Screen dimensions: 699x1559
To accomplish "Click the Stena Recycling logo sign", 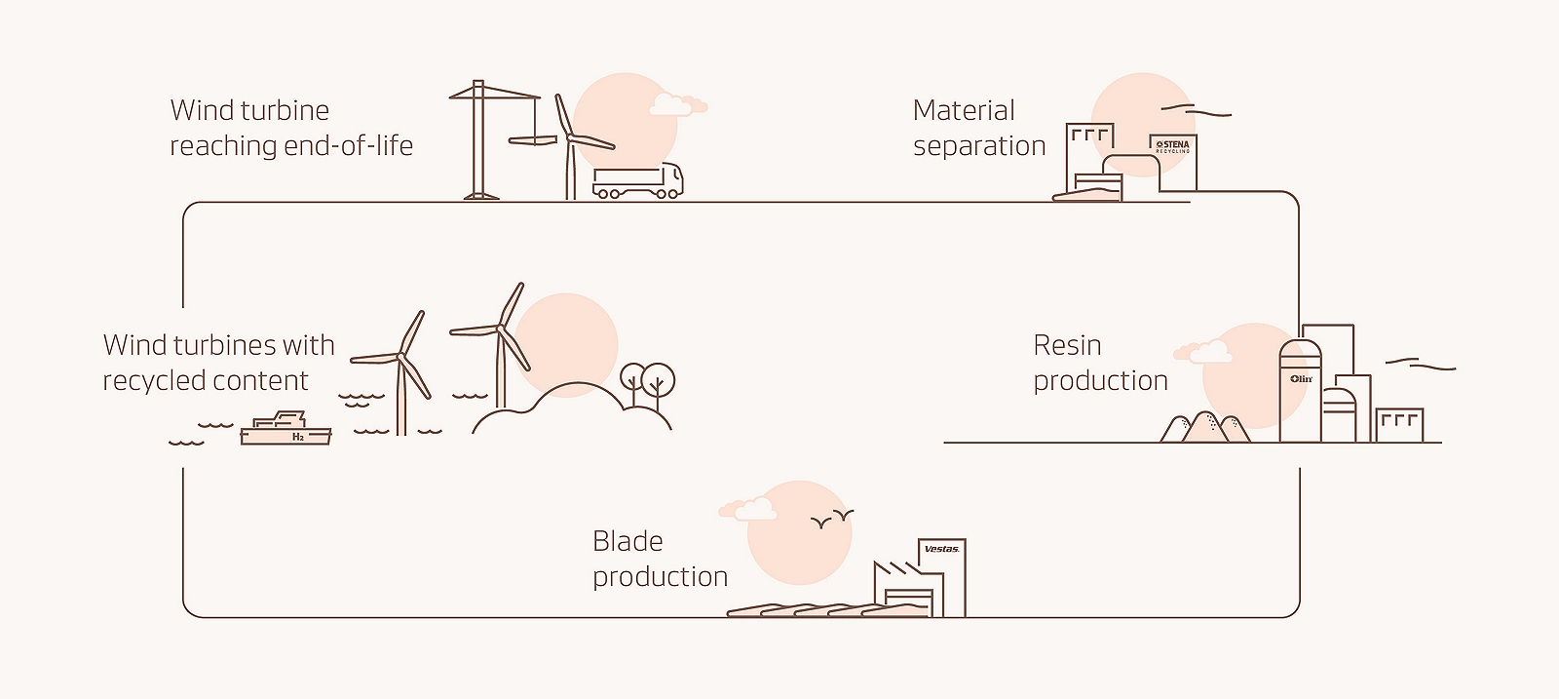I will [1172, 146].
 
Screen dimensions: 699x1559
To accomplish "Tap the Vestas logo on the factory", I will [941, 549].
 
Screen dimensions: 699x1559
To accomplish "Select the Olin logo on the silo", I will [1302, 378].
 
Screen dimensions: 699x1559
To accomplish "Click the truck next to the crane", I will [637, 181].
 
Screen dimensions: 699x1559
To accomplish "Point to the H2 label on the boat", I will [298, 438].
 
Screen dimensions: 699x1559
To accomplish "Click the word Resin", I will [1067, 345].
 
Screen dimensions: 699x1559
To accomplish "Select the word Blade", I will [627, 541].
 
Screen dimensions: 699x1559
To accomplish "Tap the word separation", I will [978, 146].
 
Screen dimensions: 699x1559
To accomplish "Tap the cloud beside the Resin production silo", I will [1204, 351].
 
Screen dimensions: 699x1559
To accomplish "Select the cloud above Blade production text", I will [747, 508].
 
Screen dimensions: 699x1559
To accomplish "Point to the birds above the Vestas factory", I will [832, 520].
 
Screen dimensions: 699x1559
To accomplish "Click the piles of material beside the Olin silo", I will [1205, 428].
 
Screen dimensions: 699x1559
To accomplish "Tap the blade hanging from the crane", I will [533, 141].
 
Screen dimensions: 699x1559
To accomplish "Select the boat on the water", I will [285, 430].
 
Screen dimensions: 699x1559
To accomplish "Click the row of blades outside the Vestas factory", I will [828, 610].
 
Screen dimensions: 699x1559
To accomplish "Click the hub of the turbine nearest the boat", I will [400, 357].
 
